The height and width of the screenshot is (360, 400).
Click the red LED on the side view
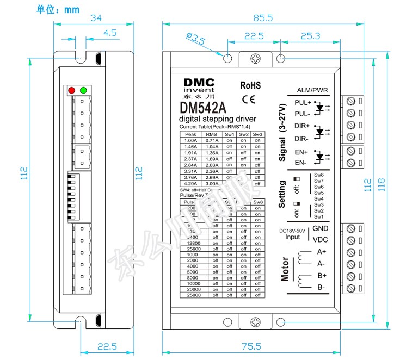pyautogui.click(x=71, y=90)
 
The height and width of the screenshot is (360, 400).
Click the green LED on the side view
pyautogui.click(x=83, y=90)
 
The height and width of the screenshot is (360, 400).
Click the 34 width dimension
pyautogui.click(x=95, y=18)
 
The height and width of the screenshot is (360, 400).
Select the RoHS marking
pyautogui.click(x=250, y=85)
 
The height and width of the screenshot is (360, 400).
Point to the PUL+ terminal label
pyautogui.click(x=303, y=102)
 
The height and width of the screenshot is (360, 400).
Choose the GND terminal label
pyautogui.click(x=320, y=229)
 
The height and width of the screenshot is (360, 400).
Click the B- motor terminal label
pyautogui.click(x=321, y=287)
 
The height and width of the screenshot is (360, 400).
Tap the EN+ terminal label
pyautogui.click(x=301, y=152)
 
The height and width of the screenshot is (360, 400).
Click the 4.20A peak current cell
pyautogui.click(x=190, y=184)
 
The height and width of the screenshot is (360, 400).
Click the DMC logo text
pyautogui.click(x=199, y=82)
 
